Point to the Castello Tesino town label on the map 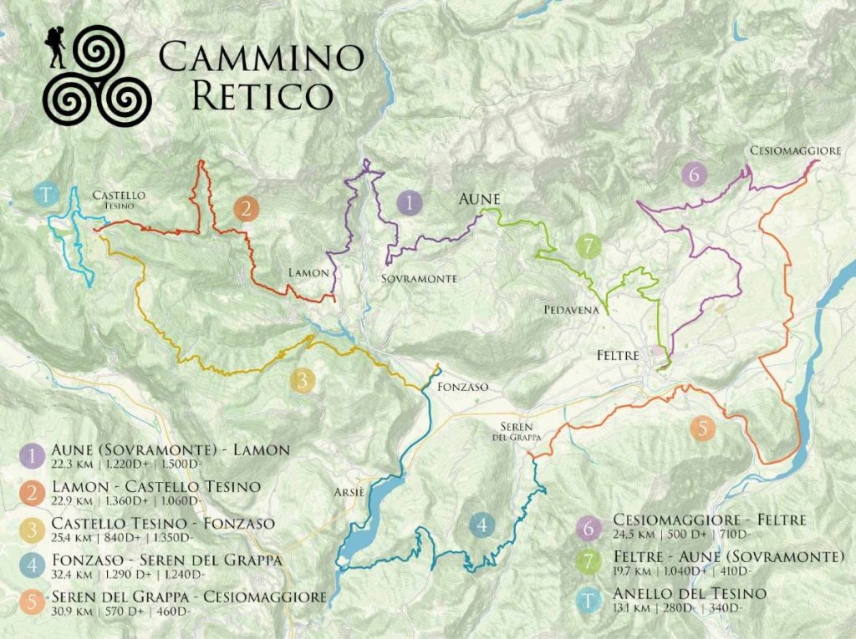(120, 200)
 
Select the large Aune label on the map (478, 200)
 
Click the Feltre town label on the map (618, 355)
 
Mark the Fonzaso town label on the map (462, 387)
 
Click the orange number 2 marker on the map (245, 208)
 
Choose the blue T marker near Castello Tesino (47, 195)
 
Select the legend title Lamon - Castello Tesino (155, 486)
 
